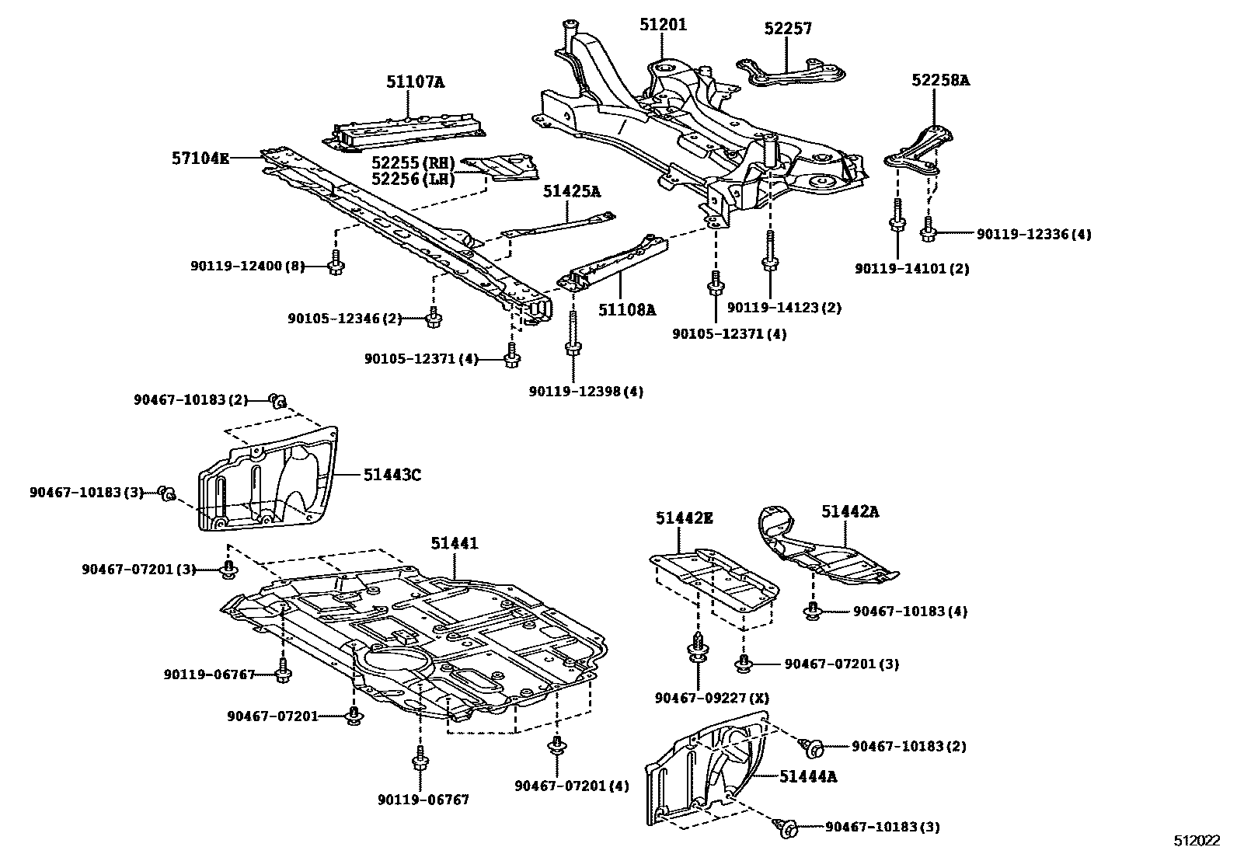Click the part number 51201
663,25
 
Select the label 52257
787,29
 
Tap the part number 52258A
941,80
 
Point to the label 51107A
416,81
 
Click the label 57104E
200,159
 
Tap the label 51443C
392,474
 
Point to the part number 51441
455,544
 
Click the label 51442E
684,518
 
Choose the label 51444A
808,776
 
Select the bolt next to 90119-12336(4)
929,228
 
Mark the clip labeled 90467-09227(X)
698,649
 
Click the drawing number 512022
1197,841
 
